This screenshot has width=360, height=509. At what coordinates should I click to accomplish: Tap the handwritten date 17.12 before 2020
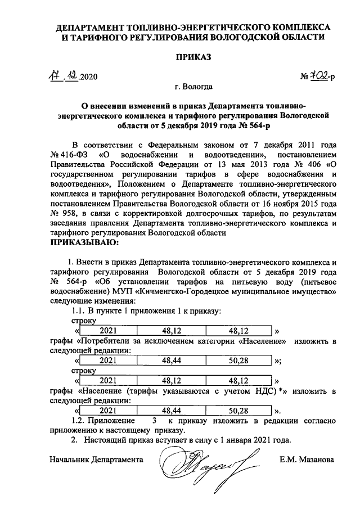click(x=64, y=77)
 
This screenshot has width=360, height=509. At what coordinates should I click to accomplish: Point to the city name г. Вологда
click(x=193, y=87)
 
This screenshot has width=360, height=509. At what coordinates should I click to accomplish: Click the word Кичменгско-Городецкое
click(x=191, y=292)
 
